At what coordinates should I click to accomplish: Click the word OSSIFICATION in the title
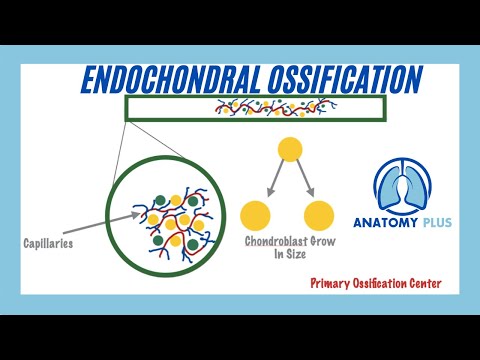(346, 79)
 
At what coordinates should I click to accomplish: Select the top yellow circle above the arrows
(290, 151)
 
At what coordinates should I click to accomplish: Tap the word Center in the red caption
(418, 284)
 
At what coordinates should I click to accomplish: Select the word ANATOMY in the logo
(387, 224)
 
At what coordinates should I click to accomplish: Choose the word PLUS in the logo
(438, 224)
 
